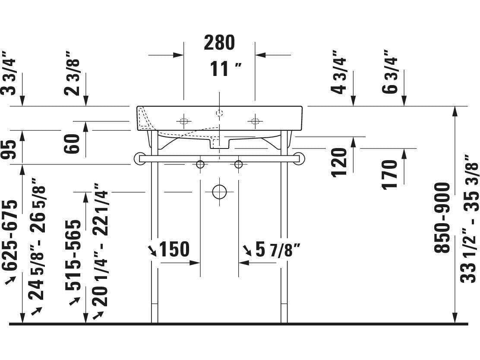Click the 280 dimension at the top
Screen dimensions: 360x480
(219, 42)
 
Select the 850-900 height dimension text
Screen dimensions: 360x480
(442, 218)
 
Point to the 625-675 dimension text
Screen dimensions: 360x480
(11, 235)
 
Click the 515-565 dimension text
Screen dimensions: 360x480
(74, 255)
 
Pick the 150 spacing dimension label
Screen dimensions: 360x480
(174, 249)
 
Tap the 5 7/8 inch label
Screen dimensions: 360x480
(277, 250)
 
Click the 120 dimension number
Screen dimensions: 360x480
(340, 162)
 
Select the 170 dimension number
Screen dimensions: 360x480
(390, 174)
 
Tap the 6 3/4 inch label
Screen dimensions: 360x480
(390, 72)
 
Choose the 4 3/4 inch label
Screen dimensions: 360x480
(340, 72)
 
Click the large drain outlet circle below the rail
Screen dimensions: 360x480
(219, 192)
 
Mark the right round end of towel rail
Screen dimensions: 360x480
(299, 159)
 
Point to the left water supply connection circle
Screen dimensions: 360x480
(200, 164)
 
